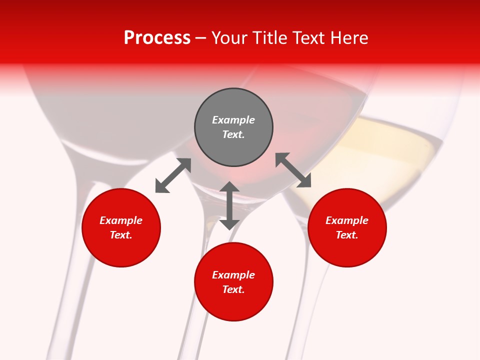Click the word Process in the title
tap(157, 37)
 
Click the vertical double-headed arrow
tap(229, 205)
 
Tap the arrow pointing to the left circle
tap(173, 175)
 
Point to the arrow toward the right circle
tap(293, 170)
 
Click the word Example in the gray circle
tap(233, 120)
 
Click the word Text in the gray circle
tap(233, 134)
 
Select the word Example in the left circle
tap(121, 220)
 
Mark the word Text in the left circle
tap(121, 235)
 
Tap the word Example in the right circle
tap(347, 220)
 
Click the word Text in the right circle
tap(347, 235)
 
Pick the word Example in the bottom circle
tap(233, 275)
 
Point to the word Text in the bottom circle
tap(233, 289)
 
